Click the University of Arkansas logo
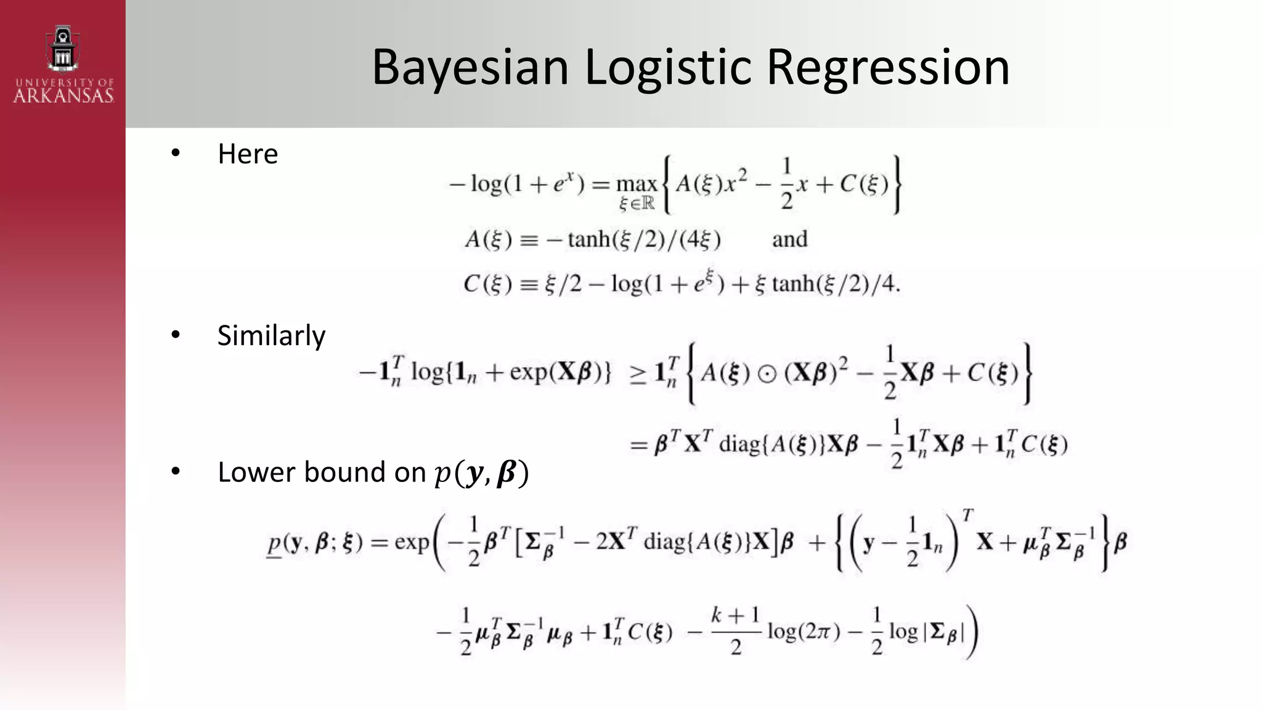tap(63, 64)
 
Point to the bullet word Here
tap(248, 153)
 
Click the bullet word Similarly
tap(271, 336)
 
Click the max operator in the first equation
tap(637, 184)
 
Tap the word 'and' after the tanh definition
tap(789, 239)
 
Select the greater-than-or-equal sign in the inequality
tap(638, 375)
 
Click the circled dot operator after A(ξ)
tap(767, 374)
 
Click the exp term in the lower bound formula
tap(412, 542)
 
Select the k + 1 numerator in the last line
tap(735, 614)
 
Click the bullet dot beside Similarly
tap(176, 335)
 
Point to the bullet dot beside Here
tap(176, 153)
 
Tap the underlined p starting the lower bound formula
tap(274, 544)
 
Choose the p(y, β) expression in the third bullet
tap(481, 473)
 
